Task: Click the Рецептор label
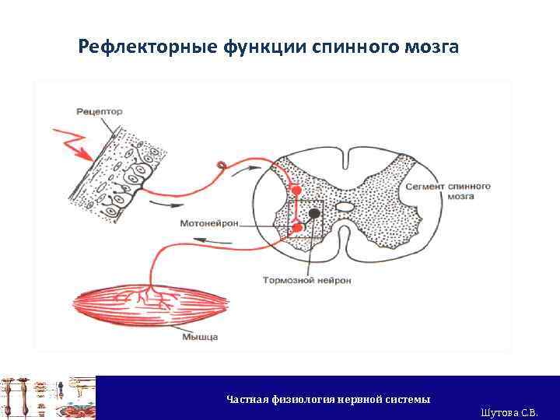[x=100, y=111]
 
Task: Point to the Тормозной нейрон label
[x=306, y=279]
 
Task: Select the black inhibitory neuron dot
[x=313, y=213]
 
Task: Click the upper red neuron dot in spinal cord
[x=296, y=190]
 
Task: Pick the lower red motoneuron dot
[x=297, y=227]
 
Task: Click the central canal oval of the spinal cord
[x=345, y=208]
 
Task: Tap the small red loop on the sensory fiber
[x=222, y=165]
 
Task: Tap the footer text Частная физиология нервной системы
[x=327, y=399]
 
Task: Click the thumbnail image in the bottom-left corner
[x=47, y=397]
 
